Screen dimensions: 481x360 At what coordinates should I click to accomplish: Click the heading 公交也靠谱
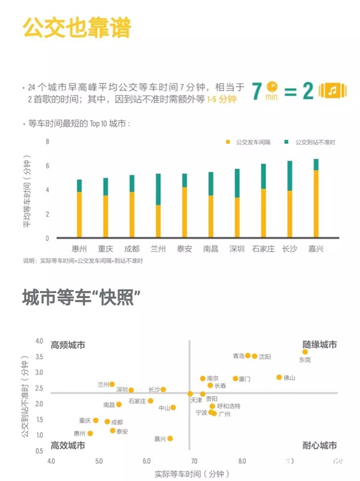(76, 28)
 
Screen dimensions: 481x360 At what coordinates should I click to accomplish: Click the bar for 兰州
(158, 206)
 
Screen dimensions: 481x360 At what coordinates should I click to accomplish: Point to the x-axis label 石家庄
(263, 249)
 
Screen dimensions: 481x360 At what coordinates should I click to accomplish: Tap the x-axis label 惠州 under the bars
(79, 249)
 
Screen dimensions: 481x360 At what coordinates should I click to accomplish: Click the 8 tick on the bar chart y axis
(47, 142)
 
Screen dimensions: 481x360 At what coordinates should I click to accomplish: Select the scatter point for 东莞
(305, 352)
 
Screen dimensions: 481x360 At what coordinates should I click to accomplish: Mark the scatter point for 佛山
(279, 377)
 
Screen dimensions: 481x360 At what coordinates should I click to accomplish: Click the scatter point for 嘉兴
(170, 438)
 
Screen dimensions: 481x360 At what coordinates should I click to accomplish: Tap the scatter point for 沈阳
(254, 356)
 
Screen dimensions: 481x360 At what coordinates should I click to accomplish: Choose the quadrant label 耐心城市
(319, 446)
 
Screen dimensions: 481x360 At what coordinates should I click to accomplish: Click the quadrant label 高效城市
(68, 446)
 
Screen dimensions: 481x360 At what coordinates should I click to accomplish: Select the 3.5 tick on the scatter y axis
(40, 357)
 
